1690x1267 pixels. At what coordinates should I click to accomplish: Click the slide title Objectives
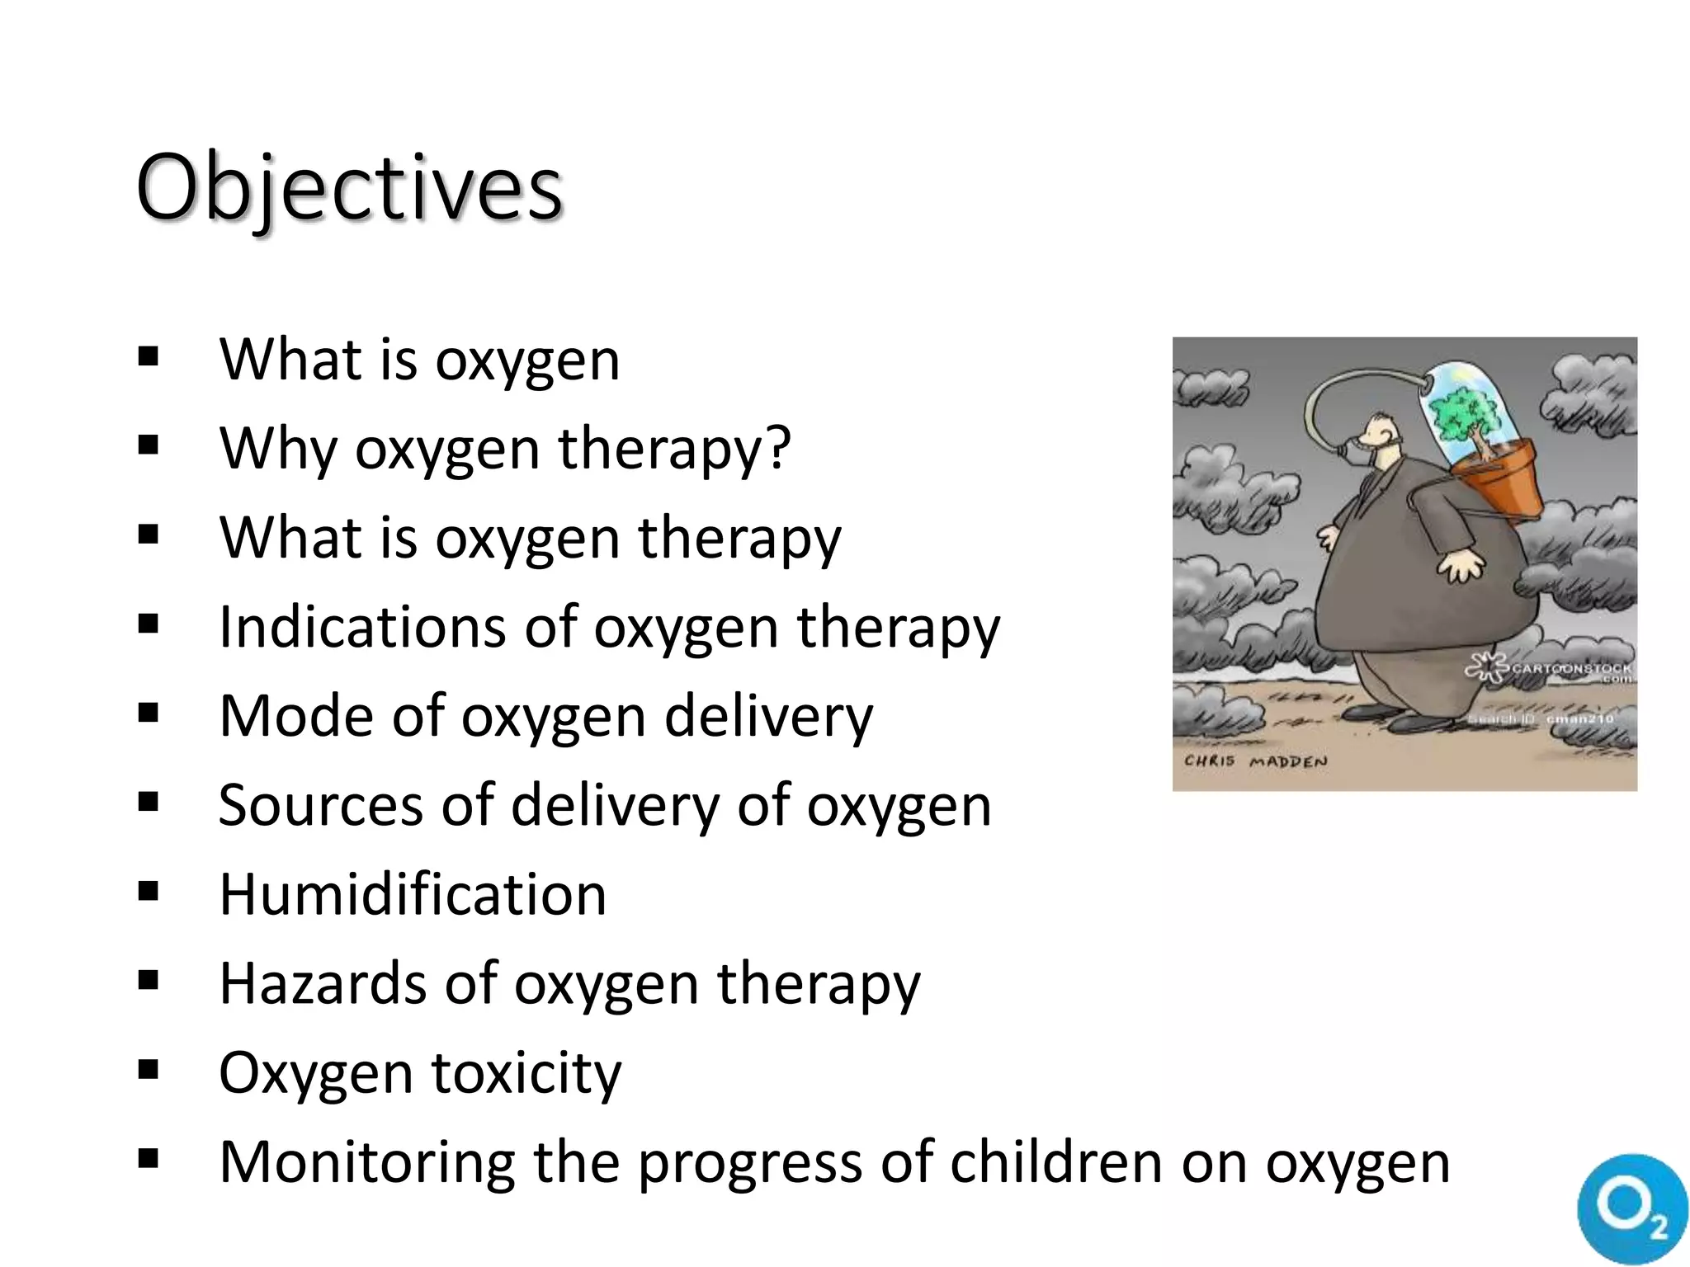pyautogui.click(x=349, y=188)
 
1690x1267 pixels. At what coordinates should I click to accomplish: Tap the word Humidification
pyautogui.click(x=413, y=895)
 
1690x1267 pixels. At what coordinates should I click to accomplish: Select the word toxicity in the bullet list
pyautogui.click(x=526, y=1073)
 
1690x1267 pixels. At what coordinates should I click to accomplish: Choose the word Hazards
pyautogui.click(x=323, y=984)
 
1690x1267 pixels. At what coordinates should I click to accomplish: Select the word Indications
pyautogui.click(x=362, y=627)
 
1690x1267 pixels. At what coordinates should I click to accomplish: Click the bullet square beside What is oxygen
pyautogui.click(x=149, y=357)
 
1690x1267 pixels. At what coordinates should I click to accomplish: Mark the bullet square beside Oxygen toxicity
pyautogui.click(x=149, y=1071)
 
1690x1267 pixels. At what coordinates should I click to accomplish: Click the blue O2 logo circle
pyautogui.click(x=1631, y=1208)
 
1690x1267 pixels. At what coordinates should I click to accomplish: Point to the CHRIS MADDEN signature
pyautogui.click(x=1256, y=761)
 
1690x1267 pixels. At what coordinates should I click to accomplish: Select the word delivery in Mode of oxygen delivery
pyautogui.click(x=768, y=716)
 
